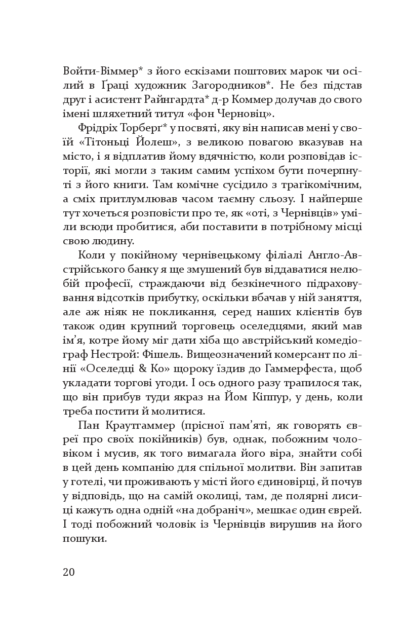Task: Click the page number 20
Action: click(x=69, y=572)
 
